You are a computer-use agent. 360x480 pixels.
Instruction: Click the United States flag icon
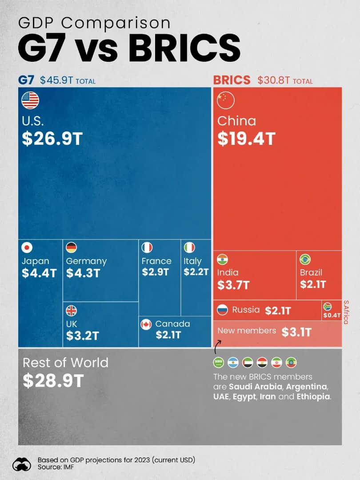[30, 100]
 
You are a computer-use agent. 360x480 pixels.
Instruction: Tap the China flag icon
[225, 100]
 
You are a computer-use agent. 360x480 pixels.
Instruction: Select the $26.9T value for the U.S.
[52, 139]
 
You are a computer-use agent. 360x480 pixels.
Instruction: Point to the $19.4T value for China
[246, 139]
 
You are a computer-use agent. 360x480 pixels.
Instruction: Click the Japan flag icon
[28, 248]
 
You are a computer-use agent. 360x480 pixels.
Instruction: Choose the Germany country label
[86, 261]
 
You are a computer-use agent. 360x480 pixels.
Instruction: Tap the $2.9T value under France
[155, 272]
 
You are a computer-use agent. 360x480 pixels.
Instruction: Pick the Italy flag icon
[189, 248]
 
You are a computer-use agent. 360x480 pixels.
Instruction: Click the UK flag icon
[71, 310]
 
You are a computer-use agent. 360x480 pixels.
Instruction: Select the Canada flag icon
[146, 324]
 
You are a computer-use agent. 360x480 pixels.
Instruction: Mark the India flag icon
[222, 259]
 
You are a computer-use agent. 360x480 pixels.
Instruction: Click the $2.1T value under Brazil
[313, 284]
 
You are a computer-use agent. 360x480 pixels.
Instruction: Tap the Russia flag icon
[222, 310]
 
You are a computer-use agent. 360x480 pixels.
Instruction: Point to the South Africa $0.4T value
[332, 315]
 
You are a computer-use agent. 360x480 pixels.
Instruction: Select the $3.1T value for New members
[296, 332]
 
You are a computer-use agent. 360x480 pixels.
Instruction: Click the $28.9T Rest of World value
[53, 381]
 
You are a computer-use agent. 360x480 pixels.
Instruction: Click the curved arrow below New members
[218, 346]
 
